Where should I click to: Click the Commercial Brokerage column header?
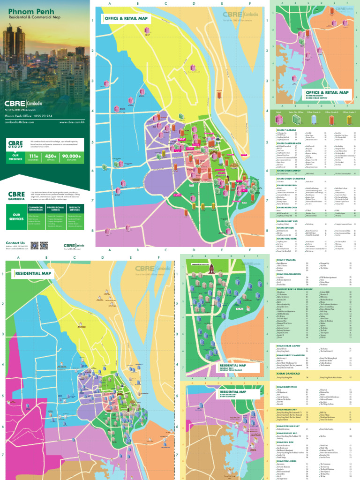coord(36,208)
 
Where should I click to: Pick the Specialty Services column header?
coord(75,208)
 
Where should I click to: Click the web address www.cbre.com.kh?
coord(72,122)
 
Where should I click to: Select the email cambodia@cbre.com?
coord(20,122)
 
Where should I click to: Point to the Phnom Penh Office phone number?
coord(29,116)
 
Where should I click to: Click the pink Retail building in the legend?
coord(278,120)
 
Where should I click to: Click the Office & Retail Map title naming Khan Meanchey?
coord(326,93)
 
